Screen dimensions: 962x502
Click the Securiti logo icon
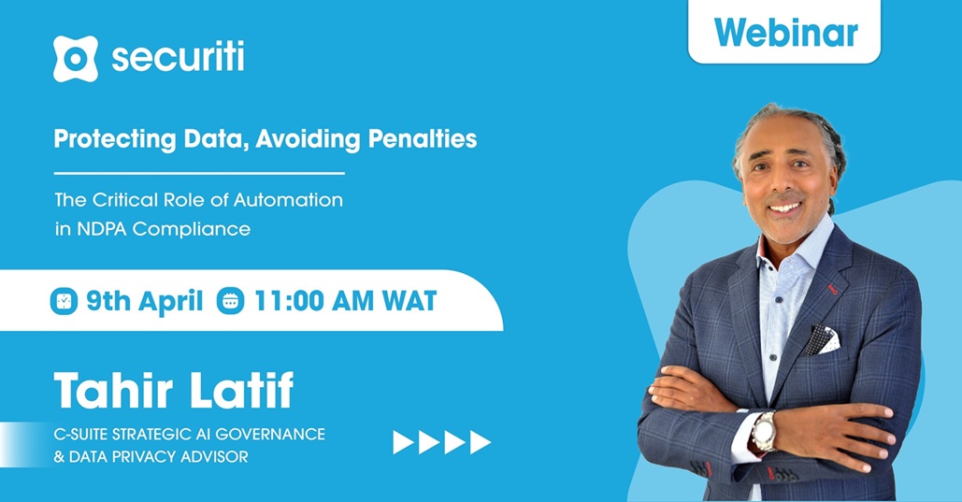click(76, 59)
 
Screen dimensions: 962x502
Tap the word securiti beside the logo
click(178, 57)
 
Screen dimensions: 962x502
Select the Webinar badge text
click(786, 33)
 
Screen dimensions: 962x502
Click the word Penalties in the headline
click(423, 138)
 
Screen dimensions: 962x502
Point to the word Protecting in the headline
click(115, 140)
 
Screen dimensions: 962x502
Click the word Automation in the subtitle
click(288, 200)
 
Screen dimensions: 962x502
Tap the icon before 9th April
click(64, 301)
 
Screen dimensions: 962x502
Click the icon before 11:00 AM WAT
click(230, 301)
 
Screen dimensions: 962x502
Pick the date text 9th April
click(144, 301)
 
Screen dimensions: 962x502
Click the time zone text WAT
click(409, 301)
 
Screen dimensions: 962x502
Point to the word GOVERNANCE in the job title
click(270, 434)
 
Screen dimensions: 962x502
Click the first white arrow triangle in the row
click(402, 442)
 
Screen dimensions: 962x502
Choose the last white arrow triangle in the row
click(480, 442)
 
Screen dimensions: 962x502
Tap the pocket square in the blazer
click(822, 340)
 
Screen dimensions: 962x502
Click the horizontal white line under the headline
click(199, 174)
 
